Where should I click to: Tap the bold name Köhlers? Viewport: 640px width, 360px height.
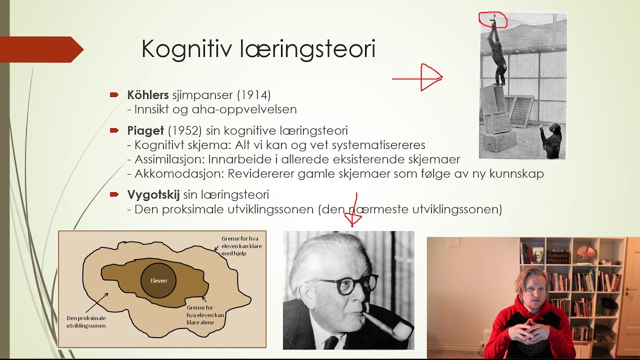click(x=148, y=94)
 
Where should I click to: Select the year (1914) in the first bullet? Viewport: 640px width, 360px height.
click(x=253, y=94)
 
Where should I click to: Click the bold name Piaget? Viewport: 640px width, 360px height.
click(x=145, y=131)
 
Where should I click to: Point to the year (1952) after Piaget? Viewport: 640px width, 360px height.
click(x=184, y=131)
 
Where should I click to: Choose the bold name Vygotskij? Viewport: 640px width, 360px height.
click(x=153, y=195)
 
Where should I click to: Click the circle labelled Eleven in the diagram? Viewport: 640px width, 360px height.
click(x=158, y=280)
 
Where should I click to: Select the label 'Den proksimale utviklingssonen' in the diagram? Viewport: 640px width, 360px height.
click(x=86, y=321)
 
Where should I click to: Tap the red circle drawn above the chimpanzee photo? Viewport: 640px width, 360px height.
click(x=493, y=19)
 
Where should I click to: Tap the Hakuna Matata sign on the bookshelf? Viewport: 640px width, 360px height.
click(x=558, y=256)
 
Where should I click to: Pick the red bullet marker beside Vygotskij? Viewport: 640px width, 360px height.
click(x=114, y=194)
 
